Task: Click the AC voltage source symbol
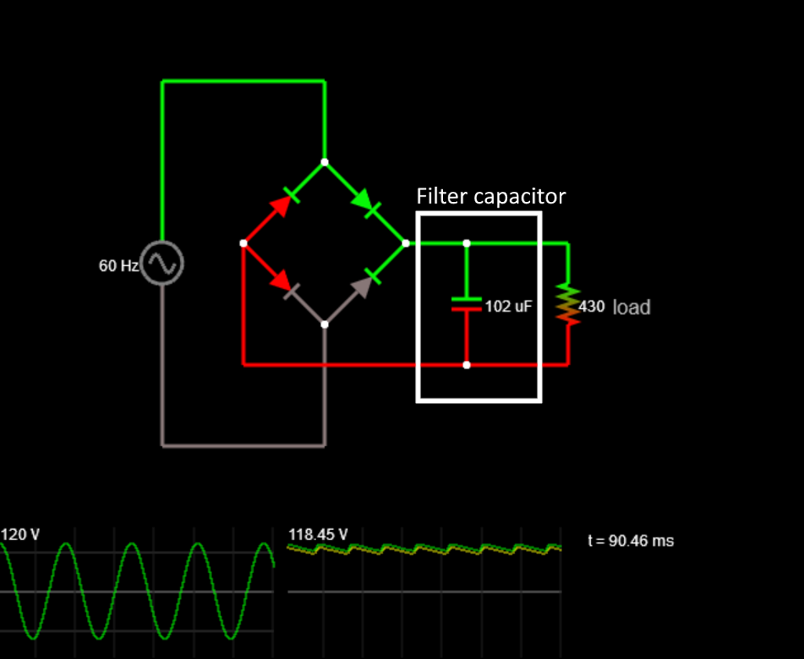(162, 264)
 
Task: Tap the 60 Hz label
(118, 266)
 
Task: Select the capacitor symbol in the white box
(467, 304)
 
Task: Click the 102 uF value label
(508, 307)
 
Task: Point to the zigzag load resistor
(568, 304)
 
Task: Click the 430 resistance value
(592, 307)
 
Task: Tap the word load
(631, 307)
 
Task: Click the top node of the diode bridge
(325, 162)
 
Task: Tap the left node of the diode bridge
(243, 243)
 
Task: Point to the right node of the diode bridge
(406, 243)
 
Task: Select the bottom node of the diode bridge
(325, 324)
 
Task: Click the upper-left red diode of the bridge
(283, 203)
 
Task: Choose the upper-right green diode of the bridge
(366, 203)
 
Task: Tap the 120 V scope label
(20, 535)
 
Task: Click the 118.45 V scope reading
(318, 535)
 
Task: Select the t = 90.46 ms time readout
(630, 541)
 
